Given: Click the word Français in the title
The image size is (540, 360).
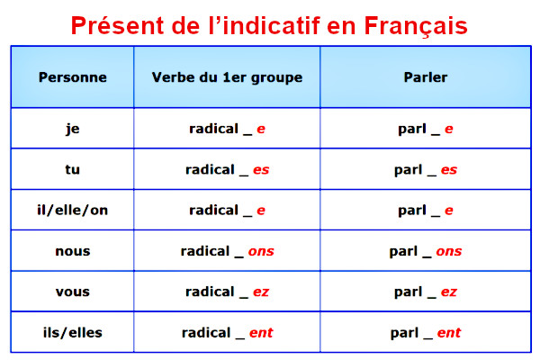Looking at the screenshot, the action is coord(416,26).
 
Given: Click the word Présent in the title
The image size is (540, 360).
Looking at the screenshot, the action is coord(117,25).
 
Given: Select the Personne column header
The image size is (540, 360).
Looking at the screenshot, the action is coord(73,77).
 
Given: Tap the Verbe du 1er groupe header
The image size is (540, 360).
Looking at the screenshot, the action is coord(227,78).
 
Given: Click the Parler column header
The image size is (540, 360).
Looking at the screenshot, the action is coord(426,77).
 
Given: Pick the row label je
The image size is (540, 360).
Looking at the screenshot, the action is coord(73,130).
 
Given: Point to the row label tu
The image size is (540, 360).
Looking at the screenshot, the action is coord(72,169).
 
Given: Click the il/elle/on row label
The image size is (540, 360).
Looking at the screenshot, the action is coord(72,210).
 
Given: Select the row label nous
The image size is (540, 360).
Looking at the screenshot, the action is coord(73,251).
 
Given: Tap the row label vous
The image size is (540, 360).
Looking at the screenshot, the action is coord(73,292).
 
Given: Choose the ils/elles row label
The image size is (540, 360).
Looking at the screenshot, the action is coord(73,332).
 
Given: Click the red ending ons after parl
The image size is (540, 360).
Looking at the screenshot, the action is coord(449,251).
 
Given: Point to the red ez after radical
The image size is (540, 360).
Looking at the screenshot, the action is coord(261,292).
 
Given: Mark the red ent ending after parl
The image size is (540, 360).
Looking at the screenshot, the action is coord(449,333).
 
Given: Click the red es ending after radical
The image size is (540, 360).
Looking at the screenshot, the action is coord(261,170).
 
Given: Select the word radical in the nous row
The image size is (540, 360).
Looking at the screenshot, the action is coord(205,251).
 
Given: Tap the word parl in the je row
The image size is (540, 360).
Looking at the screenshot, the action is coord(412,130).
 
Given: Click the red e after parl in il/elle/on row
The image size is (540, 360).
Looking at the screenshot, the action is coord(449,211).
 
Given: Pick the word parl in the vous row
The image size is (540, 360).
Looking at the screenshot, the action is coord(409,292).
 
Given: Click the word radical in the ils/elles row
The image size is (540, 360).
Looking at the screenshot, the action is coord(206,332).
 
